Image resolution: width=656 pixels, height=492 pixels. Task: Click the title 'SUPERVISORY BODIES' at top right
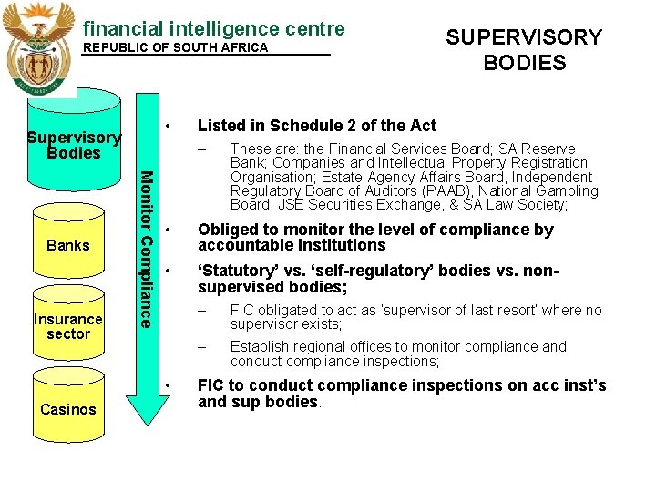click(524, 50)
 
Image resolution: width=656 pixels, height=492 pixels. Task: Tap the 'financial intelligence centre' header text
click(213, 28)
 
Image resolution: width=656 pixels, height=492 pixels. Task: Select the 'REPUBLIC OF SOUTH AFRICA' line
click(176, 47)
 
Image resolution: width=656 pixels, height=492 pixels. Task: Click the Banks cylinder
click(68, 244)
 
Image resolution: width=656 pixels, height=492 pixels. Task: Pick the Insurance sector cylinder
click(68, 326)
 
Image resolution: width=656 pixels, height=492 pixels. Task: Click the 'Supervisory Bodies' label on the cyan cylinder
click(74, 145)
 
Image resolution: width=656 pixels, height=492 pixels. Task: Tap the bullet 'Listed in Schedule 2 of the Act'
click(316, 126)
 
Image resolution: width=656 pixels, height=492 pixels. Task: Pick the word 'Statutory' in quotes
click(236, 272)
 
